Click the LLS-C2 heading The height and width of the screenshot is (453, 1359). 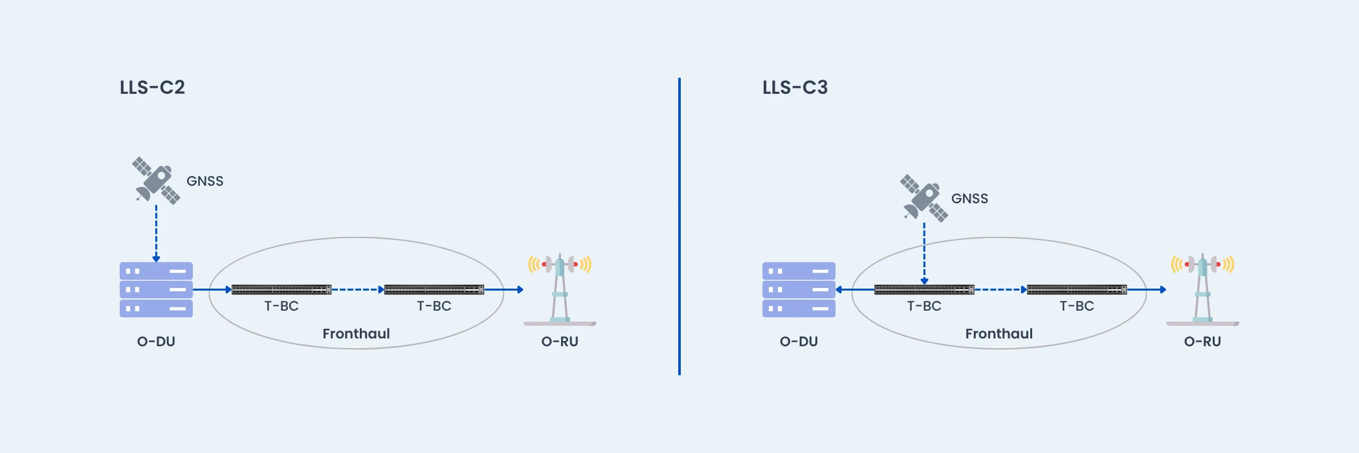tap(152, 87)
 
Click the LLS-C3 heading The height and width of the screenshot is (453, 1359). tap(795, 87)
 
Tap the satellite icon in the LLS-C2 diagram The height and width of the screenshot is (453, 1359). tap(156, 181)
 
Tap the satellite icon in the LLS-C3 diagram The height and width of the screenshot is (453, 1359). tap(923, 198)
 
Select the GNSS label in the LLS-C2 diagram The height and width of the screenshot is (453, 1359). tap(204, 181)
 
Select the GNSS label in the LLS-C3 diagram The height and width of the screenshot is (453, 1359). tap(969, 199)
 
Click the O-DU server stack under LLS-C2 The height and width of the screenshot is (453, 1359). tap(156, 289)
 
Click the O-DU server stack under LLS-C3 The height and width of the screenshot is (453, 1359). tap(799, 289)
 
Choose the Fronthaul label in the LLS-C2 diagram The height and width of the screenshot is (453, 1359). tap(356, 334)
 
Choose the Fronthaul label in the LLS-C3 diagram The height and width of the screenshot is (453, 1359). tap(999, 334)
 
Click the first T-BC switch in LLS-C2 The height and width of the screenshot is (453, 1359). tap(282, 289)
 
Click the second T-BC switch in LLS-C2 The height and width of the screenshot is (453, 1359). tap(434, 289)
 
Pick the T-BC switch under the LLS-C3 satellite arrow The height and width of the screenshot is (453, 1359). tap(924, 290)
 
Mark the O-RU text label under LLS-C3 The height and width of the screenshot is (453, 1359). tap(1202, 342)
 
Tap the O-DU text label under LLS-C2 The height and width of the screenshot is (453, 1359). tap(156, 342)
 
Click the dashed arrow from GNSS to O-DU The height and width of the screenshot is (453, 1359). tap(156, 233)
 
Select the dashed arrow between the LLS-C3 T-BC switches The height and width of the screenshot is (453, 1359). tap(1000, 289)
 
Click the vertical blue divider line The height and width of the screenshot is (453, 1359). tap(679, 226)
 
